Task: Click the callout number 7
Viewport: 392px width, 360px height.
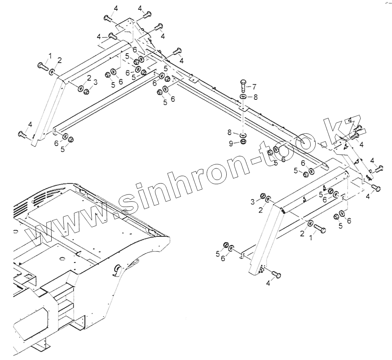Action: pos(254,86)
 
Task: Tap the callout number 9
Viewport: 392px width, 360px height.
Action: pos(231,144)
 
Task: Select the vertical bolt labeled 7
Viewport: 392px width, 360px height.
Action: pos(242,85)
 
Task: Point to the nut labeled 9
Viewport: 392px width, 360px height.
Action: pos(243,141)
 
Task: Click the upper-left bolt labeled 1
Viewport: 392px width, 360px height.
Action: pos(42,65)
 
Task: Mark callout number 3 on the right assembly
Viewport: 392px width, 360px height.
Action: pos(253,201)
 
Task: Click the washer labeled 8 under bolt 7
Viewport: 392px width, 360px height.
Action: pos(243,97)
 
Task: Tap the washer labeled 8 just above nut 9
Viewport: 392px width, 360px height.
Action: pos(243,135)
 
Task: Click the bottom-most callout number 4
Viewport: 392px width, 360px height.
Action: pos(268,283)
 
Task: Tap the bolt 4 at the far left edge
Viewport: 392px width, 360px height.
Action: pos(22,134)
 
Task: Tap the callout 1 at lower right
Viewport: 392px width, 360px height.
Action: pos(312,237)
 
